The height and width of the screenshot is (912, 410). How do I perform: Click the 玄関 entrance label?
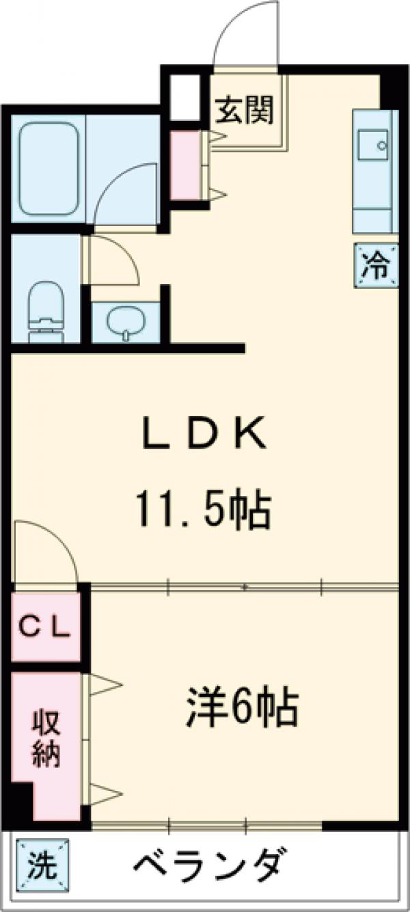pos(245,110)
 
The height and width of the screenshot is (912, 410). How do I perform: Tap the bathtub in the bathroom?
pos(48,168)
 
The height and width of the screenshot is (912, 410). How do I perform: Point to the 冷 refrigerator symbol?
pos(376,266)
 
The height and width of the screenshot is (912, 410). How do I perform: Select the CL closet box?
pos(45,627)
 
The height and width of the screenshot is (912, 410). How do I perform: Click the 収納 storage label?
pos(45,738)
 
